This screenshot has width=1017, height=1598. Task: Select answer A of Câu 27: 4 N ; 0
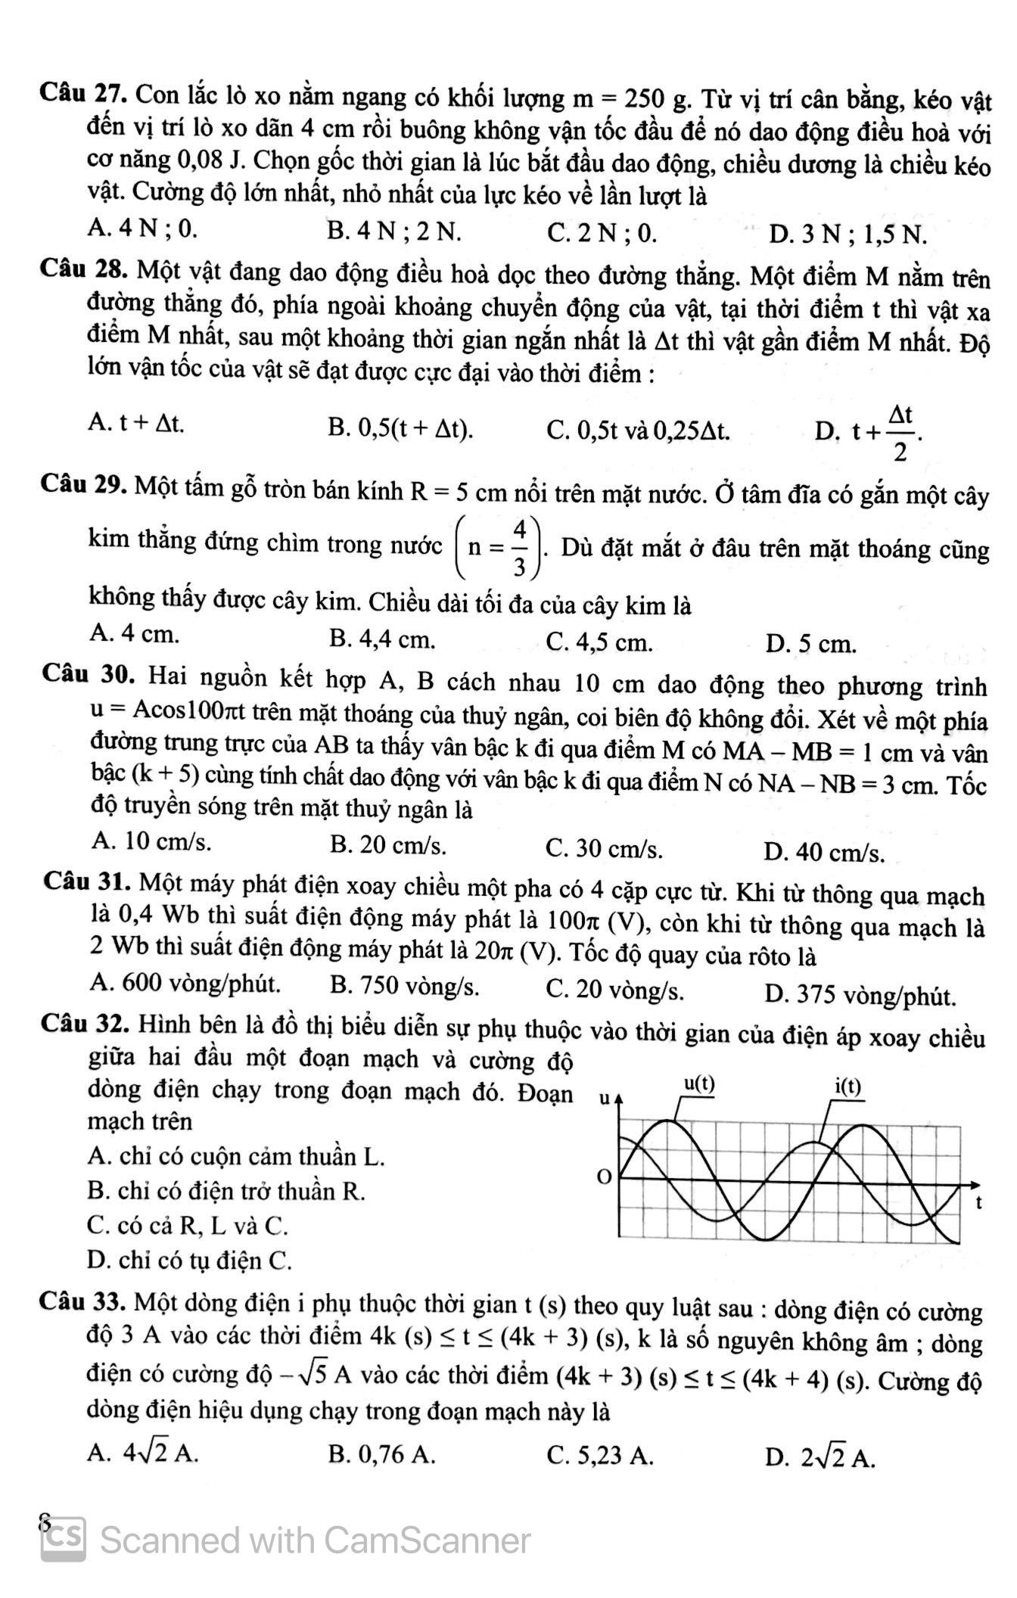click(x=142, y=227)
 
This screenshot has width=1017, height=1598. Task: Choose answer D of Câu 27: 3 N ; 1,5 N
click(x=847, y=235)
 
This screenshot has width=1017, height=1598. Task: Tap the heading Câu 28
click(x=86, y=269)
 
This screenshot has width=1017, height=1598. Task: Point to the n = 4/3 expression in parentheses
click(x=499, y=547)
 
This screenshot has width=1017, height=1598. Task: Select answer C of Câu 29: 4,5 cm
click(x=599, y=643)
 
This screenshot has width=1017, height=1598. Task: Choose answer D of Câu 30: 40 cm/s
click(x=823, y=853)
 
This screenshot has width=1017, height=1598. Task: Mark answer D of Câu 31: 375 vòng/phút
click(x=860, y=995)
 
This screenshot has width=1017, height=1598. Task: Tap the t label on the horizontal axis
click(x=978, y=1202)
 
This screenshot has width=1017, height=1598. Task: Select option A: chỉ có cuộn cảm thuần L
click(x=236, y=1156)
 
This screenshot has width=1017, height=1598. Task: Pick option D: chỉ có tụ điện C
click(x=189, y=1261)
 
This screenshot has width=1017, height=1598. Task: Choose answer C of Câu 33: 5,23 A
click(x=599, y=1455)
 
